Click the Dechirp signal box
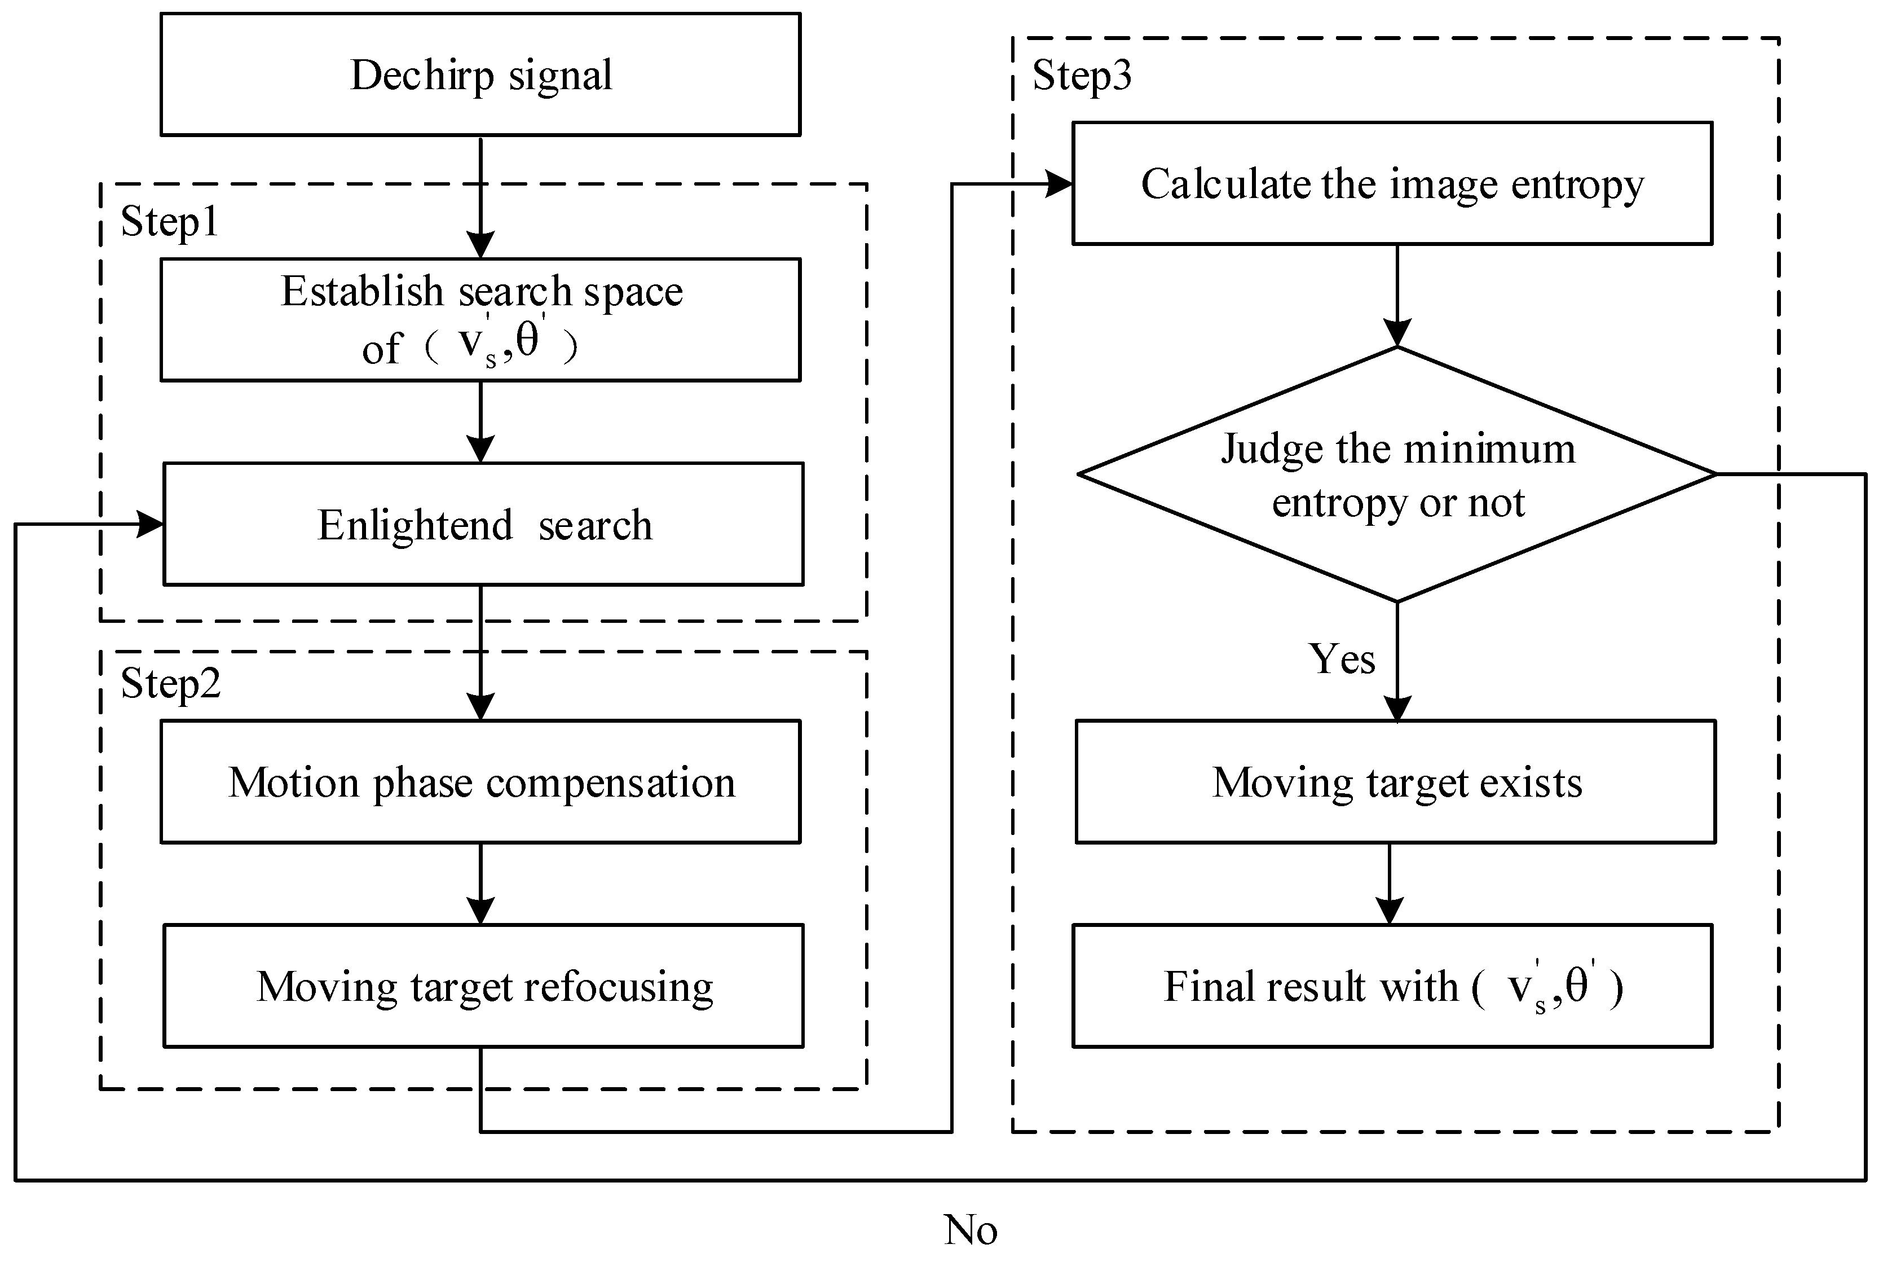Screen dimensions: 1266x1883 [x=480, y=74]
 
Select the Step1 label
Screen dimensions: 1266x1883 [x=170, y=222]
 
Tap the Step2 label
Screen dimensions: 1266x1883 [x=170, y=684]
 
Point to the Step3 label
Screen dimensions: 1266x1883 [x=1082, y=76]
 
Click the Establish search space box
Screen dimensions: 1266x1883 [x=480, y=320]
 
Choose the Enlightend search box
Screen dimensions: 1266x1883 [x=483, y=524]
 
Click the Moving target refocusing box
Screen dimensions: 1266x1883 [x=483, y=986]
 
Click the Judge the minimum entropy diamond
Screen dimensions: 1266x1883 [x=1397, y=475]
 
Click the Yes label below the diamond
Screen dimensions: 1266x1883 [x=1342, y=659]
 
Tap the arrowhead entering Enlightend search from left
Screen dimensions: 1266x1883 [x=150, y=524]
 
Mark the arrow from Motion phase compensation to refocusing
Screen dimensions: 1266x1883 [x=480, y=884]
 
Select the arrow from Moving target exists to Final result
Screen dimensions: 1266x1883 [x=1389, y=884]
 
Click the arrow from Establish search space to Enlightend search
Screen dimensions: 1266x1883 [x=480, y=421]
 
